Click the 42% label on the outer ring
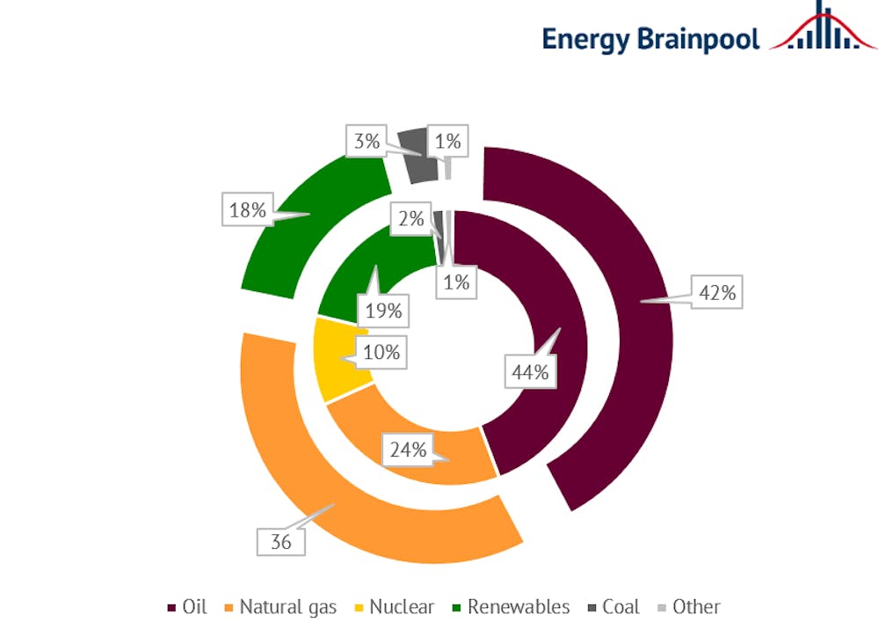tap(717, 293)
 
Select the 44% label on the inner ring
tap(531, 372)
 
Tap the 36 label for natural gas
tap(281, 542)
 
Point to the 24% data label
tap(409, 450)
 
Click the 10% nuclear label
tap(381, 353)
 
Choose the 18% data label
tap(247, 210)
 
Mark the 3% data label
tap(367, 142)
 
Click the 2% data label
tap(410, 219)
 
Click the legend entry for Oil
tap(187, 607)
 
